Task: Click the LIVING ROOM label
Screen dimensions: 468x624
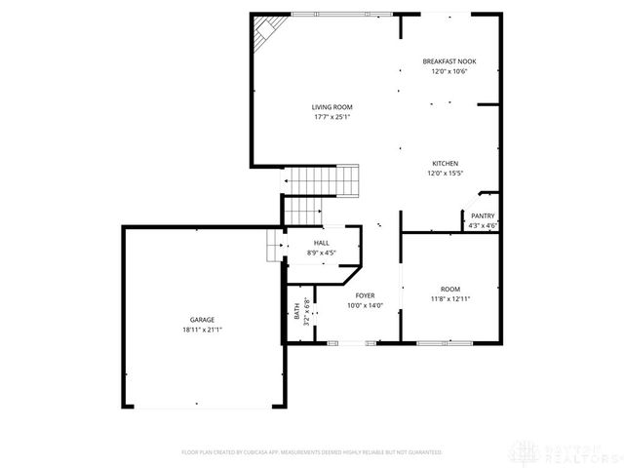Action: click(331, 107)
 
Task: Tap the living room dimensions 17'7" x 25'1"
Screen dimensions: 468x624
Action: click(331, 117)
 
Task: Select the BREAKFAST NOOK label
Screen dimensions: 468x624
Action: click(448, 61)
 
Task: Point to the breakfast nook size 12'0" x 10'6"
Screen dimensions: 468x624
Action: click(448, 71)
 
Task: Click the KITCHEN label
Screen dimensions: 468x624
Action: click(446, 163)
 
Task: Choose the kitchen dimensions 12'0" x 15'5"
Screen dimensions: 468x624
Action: click(446, 174)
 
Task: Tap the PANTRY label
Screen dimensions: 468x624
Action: click(483, 216)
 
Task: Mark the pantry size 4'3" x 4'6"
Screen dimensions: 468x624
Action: click(483, 226)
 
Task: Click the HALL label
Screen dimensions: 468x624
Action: click(321, 243)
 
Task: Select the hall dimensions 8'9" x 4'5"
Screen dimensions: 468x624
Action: click(321, 253)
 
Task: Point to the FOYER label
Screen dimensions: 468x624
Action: click(365, 295)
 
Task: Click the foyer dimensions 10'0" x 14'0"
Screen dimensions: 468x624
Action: click(365, 305)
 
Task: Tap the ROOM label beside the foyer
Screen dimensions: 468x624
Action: click(449, 289)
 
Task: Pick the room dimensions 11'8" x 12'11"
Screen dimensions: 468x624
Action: click(449, 298)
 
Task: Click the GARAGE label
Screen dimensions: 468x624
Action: click(202, 320)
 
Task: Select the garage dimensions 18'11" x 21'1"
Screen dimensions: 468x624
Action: click(202, 330)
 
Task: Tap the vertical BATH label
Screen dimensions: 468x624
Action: click(296, 312)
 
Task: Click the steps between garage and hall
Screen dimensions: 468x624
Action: click(272, 246)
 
